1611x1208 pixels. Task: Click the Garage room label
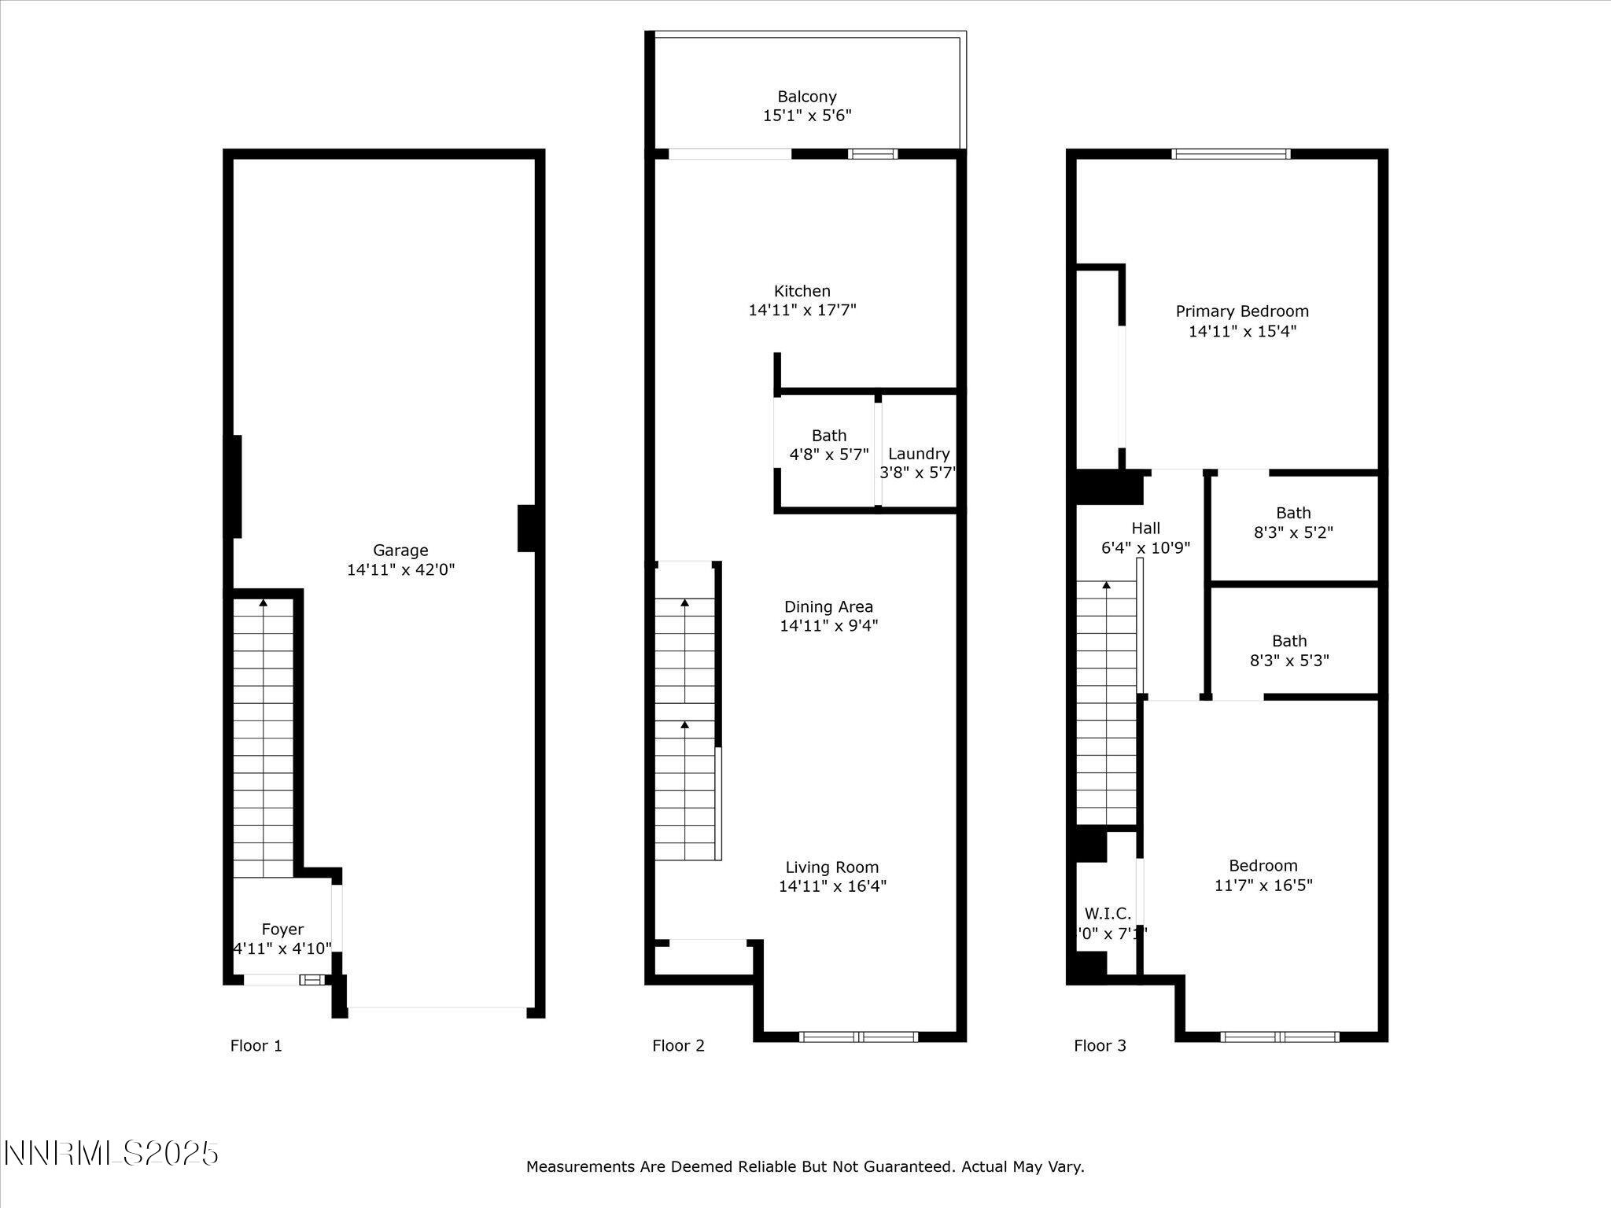pyautogui.click(x=400, y=551)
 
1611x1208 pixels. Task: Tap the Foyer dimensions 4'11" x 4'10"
pyautogui.click(x=282, y=948)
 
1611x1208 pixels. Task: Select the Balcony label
pyautogui.click(x=807, y=97)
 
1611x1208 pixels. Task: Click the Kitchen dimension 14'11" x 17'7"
pyautogui.click(x=802, y=310)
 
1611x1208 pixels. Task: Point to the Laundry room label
pyautogui.click(x=918, y=454)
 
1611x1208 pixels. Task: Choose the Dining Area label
pyautogui.click(x=828, y=606)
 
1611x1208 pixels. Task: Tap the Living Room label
pyautogui.click(x=831, y=867)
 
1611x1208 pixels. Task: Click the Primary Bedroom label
pyautogui.click(x=1241, y=311)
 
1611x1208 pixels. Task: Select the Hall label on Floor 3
pyautogui.click(x=1145, y=528)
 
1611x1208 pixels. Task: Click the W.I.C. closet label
pyautogui.click(x=1107, y=914)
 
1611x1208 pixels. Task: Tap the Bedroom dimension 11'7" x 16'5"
pyautogui.click(x=1263, y=886)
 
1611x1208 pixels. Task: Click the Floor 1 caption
pyautogui.click(x=256, y=1046)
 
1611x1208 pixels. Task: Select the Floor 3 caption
pyautogui.click(x=1100, y=1046)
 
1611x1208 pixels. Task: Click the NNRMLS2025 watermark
pyautogui.click(x=111, y=1154)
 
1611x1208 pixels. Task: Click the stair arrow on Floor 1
pyautogui.click(x=264, y=604)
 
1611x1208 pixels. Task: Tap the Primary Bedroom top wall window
pyautogui.click(x=1230, y=154)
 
